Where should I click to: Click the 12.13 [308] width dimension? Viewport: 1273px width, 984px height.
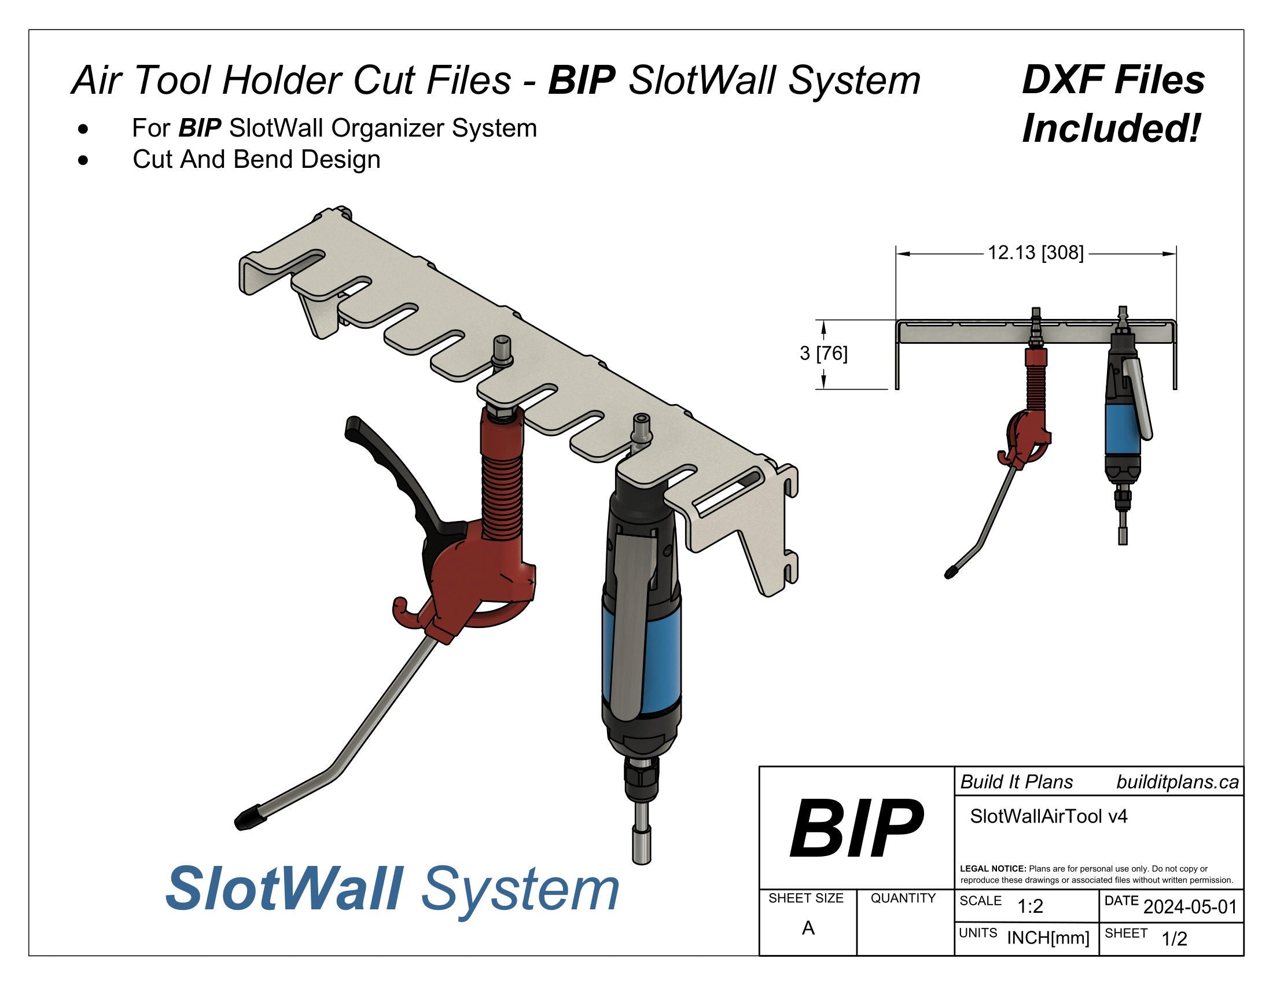1035,253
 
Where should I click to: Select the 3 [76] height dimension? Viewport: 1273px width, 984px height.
823,353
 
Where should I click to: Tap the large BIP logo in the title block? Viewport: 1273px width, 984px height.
856,828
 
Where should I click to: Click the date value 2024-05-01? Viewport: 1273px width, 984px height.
1190,906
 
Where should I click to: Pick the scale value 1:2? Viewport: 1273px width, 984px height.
1030,906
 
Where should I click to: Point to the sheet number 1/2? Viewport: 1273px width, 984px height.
1174,939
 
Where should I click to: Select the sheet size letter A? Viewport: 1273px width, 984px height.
808,928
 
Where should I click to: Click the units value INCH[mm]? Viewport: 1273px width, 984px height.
1048,938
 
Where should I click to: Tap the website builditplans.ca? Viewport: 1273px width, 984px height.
1178,783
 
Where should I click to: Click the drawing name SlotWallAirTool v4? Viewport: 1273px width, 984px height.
1048,816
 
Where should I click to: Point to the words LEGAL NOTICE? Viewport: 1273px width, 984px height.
992,869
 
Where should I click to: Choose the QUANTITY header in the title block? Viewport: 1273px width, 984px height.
903,898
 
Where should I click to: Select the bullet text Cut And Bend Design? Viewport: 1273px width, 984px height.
256,159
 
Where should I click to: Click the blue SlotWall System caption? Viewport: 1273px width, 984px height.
392,889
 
